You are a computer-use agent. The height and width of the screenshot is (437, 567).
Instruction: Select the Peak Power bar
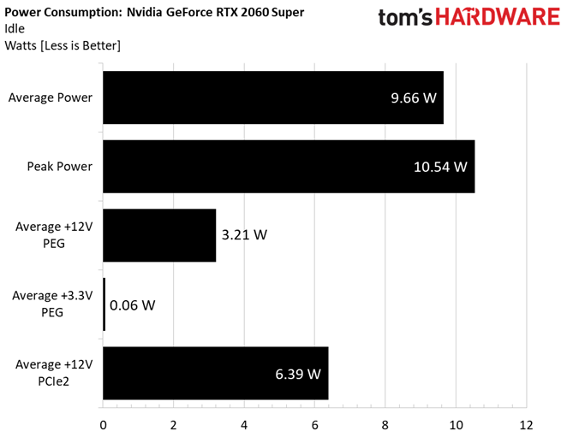(x=288, y=166)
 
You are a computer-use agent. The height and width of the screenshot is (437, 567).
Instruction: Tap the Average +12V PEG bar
(x=158, y=235)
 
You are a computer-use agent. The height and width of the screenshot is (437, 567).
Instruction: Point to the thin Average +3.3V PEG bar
(x=104, y=304)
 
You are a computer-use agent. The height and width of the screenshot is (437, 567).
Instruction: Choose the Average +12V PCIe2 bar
(x=215, y=373)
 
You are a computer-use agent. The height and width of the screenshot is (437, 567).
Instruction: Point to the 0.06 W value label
(x=133, y=304)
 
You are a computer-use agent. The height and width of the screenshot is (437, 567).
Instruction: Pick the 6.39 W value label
(x=298, y=373)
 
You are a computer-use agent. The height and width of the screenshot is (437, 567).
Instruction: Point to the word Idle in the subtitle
(x=15, y=29)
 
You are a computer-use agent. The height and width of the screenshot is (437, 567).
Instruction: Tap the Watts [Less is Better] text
(x=63, y=44)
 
